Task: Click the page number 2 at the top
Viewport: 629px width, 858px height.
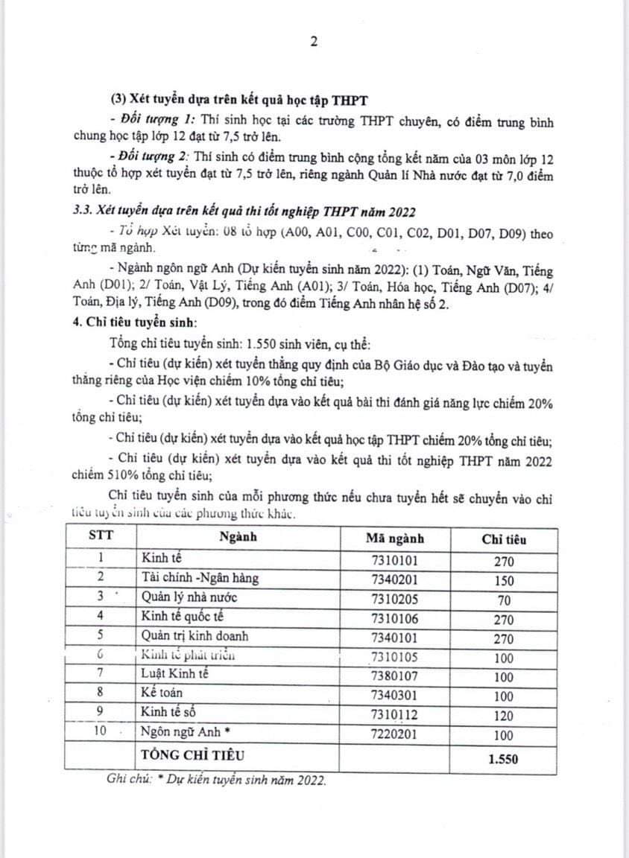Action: [x=314, y=42]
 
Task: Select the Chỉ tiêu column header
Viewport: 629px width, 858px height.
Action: [x=504, y=538]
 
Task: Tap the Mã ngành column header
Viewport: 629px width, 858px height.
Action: [x=395, y=538]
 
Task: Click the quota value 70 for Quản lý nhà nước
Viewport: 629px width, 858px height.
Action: [x=504, y=598]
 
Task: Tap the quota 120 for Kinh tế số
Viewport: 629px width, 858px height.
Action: [x=504, y=716]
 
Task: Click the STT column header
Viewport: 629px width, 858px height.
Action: [x=102, y=536]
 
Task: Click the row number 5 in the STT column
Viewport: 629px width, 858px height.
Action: [x=101, y=637]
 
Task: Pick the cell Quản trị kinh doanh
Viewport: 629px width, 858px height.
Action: [x=195, y=637]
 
